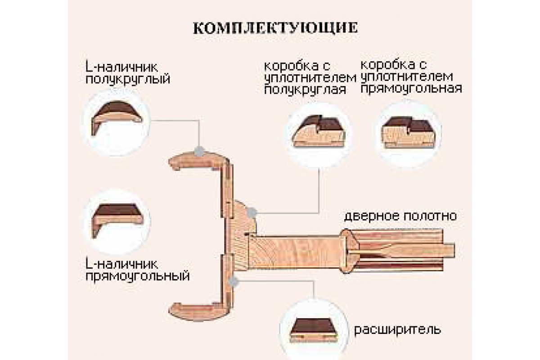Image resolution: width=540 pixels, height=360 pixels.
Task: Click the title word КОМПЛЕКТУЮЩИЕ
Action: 275,27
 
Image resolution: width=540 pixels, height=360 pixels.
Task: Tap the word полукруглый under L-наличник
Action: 127,80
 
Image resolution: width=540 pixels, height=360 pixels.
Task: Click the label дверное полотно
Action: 400,216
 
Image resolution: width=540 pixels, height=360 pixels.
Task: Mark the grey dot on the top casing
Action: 198,151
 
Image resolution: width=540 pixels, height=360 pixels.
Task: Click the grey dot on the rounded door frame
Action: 252,211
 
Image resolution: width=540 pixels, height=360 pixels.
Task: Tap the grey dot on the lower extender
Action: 233,281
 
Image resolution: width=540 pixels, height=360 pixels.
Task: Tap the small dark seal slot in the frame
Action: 247,234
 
